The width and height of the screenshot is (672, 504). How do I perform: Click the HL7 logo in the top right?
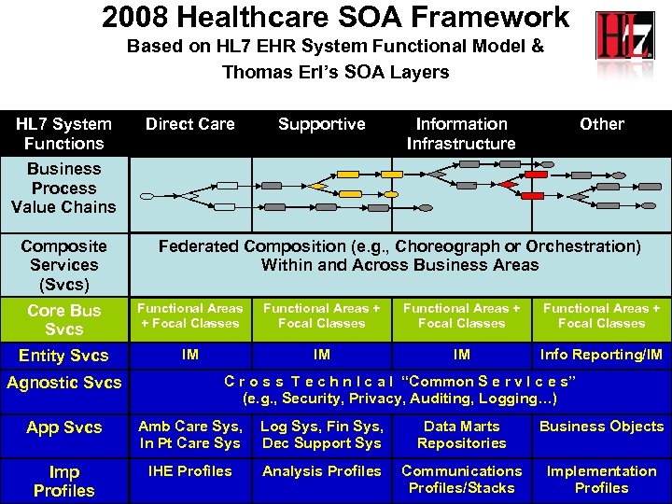(x=625, y=37)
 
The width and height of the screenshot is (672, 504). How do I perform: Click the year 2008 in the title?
(x=141, y=17)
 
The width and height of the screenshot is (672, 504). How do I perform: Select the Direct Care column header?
(x=190, y=124)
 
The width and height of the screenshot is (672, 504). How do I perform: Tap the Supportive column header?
(x=322, y=124)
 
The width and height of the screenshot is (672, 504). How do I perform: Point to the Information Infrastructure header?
(x=461, y=133)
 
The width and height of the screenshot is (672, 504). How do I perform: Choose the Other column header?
(x=602, y=124)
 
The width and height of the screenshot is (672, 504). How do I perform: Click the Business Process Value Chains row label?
(x=63, y=188)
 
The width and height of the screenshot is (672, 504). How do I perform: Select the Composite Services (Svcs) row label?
(x=63, y=265)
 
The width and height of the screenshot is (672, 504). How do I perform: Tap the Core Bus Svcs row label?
(x=63, y=319)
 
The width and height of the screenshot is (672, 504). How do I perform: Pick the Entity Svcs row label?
(x=63, y=356)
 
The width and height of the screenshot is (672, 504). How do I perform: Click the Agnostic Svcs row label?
(x=63, y=382)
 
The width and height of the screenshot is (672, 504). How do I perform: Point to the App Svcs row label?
(x=63, y=427)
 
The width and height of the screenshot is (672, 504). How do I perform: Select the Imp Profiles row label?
(x=63, y=481)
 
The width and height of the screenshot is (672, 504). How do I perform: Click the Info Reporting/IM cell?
(x=601, y=355)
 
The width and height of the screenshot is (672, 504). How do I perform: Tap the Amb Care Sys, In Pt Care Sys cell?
(x=190, y=435)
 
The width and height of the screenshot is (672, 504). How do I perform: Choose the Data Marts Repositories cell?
(x=461, y=435)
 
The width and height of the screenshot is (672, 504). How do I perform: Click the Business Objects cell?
(x=601, y=427)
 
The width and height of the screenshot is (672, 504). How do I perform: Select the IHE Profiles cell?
(x=190, y=471)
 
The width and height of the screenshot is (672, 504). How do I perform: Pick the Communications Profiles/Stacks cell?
(x=461, y=480)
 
